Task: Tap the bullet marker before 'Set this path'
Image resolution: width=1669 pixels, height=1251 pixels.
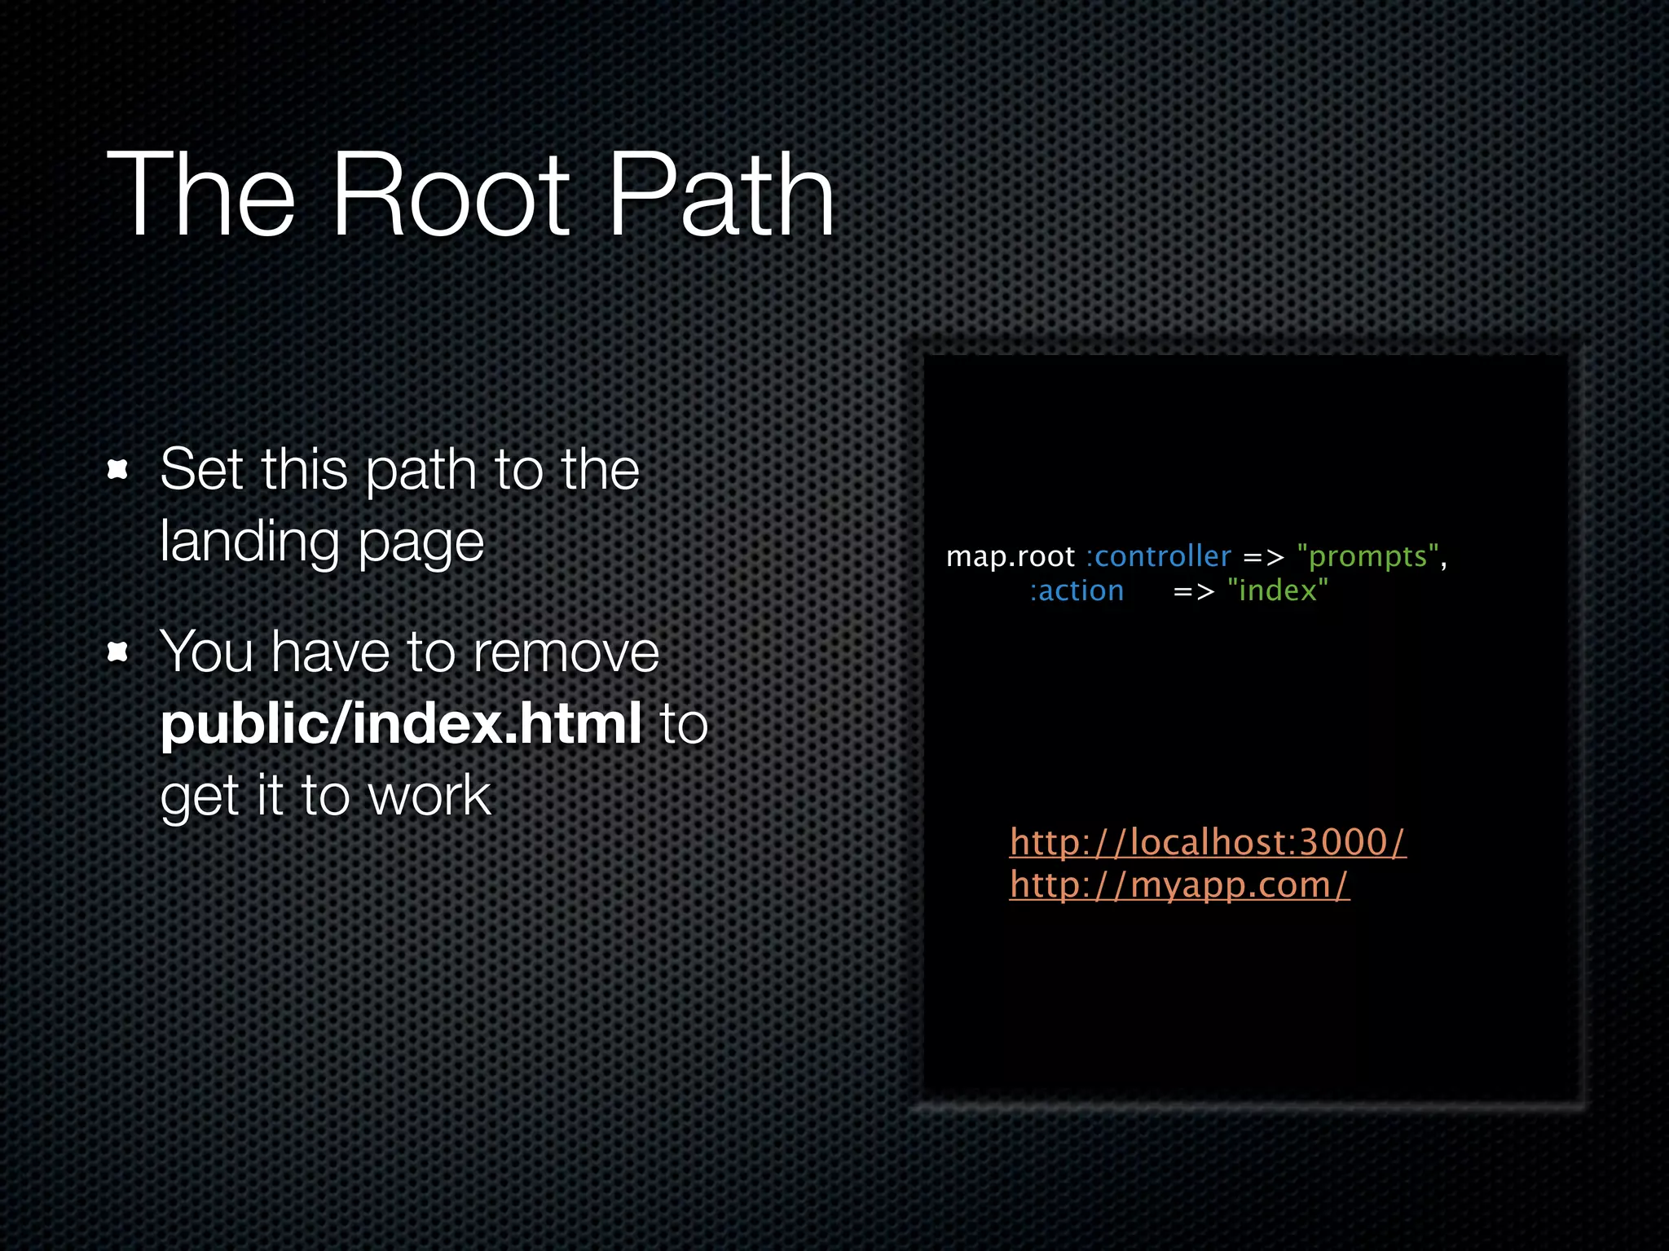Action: pyautogui.click(x=118, y=469)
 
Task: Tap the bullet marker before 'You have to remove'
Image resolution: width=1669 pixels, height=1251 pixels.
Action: pyautogui.click(x=118, y=652)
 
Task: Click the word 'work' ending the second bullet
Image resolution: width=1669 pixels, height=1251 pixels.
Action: pyautogui.click(x=429, y=795)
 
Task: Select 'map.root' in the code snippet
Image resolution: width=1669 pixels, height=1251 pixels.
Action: pyautogui.click(x=1010, y=556)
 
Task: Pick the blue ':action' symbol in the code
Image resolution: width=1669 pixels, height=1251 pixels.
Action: pyautogui.click(x=1077, y=590)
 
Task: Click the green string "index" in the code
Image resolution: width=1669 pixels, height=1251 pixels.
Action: pyautogui.click(x=1277, y=590)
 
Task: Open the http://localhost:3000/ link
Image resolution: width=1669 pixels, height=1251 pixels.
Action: pyautogui.click(x=1207, y=842)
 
